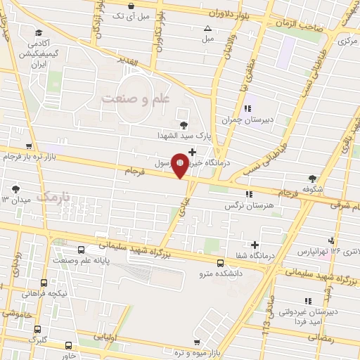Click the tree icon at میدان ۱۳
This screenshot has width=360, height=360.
(x=15, y=188)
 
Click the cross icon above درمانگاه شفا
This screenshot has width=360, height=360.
(x=255, y=244)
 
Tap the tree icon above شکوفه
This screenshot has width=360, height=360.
(x=312, y=179)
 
